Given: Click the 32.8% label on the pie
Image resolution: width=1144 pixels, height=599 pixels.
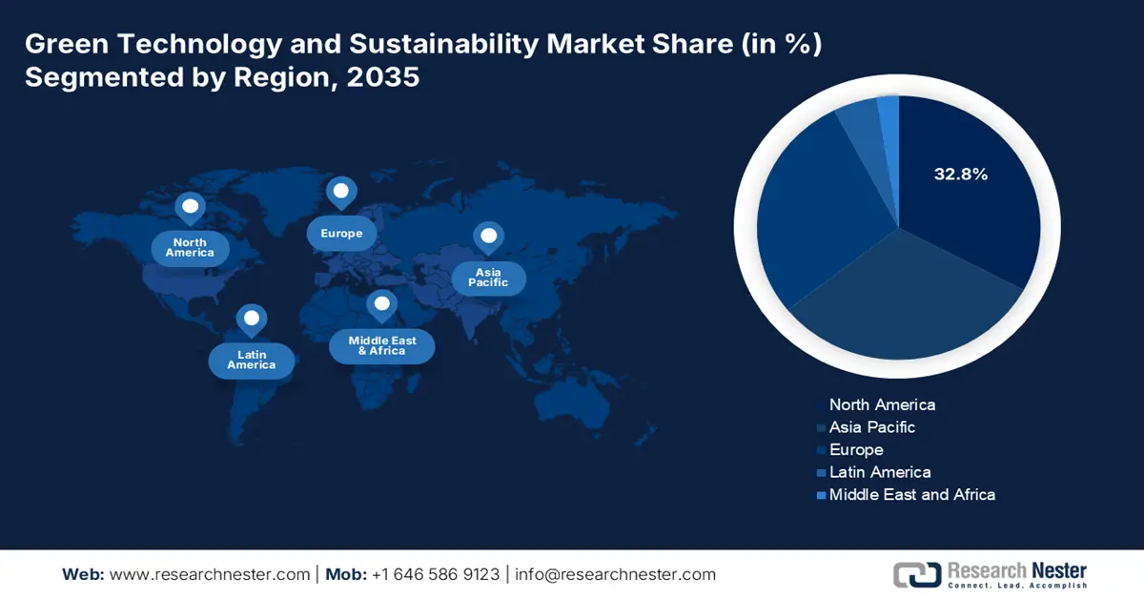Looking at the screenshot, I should click(960, 175).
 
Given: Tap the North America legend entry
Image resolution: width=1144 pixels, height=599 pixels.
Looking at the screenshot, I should click(882, 404).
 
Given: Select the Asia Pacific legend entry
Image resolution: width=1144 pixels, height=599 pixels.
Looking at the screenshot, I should click(871, 427).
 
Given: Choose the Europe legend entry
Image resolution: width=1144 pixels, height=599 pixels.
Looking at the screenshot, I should click(856, 449).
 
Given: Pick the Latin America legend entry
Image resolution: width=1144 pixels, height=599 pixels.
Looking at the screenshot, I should click(880, 472).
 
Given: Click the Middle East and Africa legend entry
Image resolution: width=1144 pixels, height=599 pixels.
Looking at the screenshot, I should click(911, 494).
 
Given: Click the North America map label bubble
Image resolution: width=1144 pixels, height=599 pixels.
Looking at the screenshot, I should click(190, 248).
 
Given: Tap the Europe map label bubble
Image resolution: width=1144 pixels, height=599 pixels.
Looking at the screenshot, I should click(341, 234).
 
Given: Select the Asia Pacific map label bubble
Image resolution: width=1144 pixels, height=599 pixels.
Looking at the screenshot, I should click(488, 278).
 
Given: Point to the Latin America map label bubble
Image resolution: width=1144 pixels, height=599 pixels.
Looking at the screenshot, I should click(251, 360).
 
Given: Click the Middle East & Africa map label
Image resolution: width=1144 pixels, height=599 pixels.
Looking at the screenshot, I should click(381, 345).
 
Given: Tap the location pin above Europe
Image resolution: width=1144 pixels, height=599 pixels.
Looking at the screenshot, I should click(340, 192).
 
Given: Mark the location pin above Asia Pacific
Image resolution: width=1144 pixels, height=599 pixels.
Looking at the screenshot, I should click(488, 237).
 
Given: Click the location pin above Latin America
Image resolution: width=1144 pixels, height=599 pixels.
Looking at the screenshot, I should click(251, 320).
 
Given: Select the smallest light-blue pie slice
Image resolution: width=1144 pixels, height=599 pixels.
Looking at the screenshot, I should click(889, 112).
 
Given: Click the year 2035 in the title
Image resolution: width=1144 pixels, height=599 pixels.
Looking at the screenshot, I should click(385, 77).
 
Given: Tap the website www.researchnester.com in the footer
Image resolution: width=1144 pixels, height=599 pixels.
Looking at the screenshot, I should click(210, 574).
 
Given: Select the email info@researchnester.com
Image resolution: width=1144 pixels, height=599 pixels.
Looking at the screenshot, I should click(616, 574).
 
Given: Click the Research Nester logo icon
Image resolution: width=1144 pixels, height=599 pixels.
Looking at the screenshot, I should click(915, 573).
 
